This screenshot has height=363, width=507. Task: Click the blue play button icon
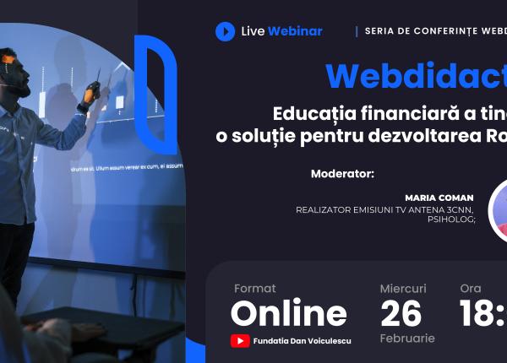[x=225, y=31]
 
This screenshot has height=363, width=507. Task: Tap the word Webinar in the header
[x=295, y=31]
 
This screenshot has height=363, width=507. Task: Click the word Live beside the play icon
[x=253, y=31]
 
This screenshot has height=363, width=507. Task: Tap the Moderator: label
[x=342, y=174]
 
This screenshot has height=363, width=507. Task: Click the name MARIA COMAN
[x=439, y=198]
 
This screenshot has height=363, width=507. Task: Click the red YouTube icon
[x=240, y=341]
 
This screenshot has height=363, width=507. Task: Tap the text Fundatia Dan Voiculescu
[x=302, y=341]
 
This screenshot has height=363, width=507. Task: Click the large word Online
[x=288, y=313]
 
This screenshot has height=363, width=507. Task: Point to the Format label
[x=254, y=289]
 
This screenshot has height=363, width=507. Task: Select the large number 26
[x=401, y=313]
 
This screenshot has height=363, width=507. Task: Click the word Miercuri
[x=403, y=289]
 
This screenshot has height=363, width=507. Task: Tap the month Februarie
[x=407, y=339]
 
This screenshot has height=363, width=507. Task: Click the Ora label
[x=471, y=289]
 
